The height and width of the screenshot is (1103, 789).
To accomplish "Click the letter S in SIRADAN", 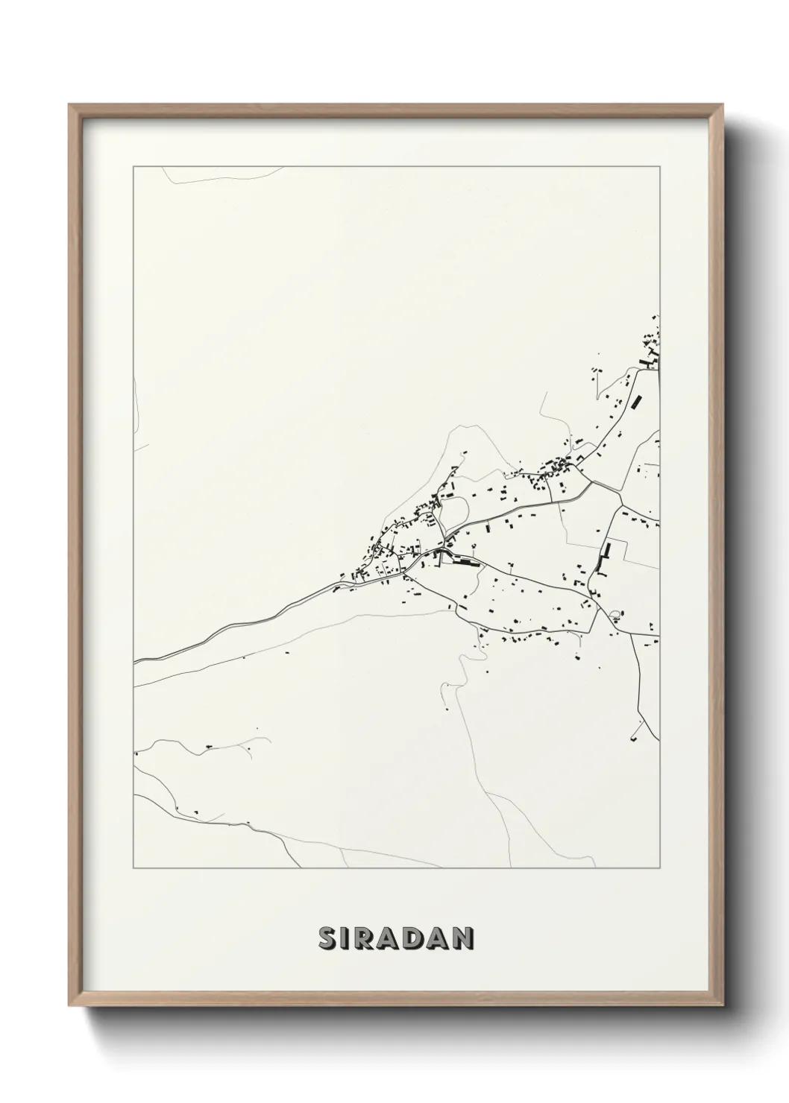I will tap(328, 938).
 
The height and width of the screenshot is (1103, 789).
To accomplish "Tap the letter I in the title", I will tap(348, 938).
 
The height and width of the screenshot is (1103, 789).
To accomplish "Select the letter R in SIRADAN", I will tap(368, 938).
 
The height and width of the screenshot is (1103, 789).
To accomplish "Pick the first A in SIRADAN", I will tap(393, 938).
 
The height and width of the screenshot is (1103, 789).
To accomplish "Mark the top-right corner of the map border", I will tap(659, 167).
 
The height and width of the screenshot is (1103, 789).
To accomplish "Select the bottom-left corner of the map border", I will tap(133, 868).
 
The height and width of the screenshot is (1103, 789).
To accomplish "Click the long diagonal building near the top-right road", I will tap(636, 401).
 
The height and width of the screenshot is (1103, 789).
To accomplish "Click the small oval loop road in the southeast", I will tap(614, 615).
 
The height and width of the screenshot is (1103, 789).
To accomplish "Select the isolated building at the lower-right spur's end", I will tap(634, 738).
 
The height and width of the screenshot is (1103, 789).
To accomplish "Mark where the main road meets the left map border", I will tap(134, 662).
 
